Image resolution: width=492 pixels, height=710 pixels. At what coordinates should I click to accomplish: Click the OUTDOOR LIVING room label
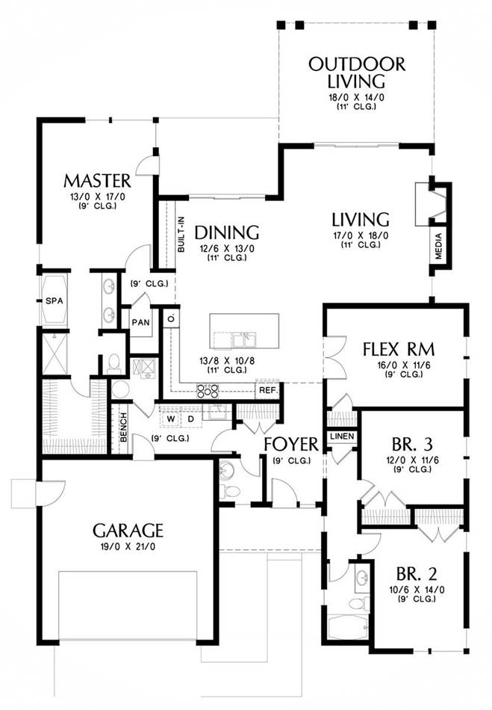(x=357, y=73)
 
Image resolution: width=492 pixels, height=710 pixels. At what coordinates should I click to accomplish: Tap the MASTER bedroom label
(x=97, y=181)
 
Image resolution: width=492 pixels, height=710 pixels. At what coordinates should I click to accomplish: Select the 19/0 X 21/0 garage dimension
(x=128, y=546)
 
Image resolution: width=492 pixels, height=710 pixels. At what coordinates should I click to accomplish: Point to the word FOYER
(x=291, y=444)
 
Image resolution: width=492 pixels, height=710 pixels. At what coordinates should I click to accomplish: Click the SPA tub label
(x=55, y=300)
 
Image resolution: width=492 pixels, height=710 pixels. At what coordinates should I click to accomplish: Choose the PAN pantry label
(x=140, y=322)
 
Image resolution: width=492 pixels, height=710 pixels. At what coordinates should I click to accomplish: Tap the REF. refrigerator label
(x=269, y=390)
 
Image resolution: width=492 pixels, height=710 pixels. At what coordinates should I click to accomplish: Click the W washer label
(x=170, y=419)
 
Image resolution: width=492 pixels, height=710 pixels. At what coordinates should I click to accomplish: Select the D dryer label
(x=191, y=419)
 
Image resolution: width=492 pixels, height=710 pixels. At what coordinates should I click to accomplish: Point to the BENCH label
(x=123, y=427)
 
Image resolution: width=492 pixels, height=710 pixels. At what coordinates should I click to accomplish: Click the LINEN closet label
(x=343, y=436)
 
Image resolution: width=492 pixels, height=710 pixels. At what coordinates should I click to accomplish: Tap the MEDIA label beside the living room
(x=438, y=246)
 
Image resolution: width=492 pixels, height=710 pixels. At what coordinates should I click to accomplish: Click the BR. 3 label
(x=413, y=444)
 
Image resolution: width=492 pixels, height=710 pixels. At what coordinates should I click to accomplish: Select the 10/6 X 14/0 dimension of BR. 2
(x=417, y=590)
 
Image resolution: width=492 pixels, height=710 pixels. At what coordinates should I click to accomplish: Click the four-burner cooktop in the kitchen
(x=208, y=390)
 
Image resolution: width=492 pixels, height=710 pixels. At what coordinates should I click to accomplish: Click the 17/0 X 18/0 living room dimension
(x=361, y=235)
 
